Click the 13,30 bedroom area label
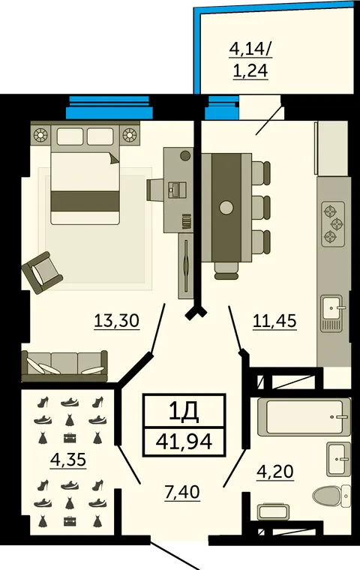click(x=116, y=321)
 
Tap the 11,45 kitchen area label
click(x=274, y=321)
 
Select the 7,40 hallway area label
click(x=182, y=492)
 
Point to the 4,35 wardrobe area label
click(x=68, y=460)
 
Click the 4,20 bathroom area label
click(x=275, y=472)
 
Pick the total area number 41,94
click(x=184, y=441)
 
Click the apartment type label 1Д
click(x=184, y=411)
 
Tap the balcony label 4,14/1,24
click(x=250, y=60)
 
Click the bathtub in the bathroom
click(x=304, y=416)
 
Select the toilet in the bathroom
click(x=331, y=496)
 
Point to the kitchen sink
click(x=331, y=313)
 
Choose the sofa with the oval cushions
click(x=64, y=366)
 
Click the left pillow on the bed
click(x=70, y=136)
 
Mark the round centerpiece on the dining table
click(x=226, y=208)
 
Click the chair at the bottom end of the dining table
click(x=226, y=271)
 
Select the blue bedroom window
click(x=109, y=107)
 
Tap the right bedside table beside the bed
click(x=130, y=135)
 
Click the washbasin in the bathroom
click(x=338, y=459)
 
